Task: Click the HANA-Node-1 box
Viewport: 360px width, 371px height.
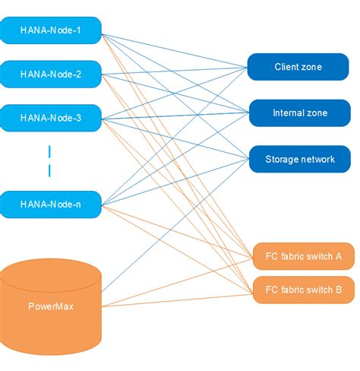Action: point(50,30)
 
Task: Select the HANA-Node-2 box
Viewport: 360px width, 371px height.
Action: point(50,74)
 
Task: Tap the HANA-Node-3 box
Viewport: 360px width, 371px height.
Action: point(50,117)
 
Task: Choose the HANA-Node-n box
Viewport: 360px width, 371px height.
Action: point(50,204)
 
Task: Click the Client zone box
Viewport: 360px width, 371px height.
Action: point(298,67)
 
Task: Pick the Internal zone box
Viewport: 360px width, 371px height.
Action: point(299,113)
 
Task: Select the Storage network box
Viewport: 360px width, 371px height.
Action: point(299,159)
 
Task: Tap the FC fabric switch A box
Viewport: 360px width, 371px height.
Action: point(302,257)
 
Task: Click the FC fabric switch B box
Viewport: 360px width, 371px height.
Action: point(302,289)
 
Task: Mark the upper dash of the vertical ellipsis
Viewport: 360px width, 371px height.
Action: point(50,151)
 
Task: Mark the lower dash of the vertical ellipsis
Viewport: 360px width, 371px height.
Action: point(50,170)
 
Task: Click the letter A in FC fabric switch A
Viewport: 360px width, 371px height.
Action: point(339,257)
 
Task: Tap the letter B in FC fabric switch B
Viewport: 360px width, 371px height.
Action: point(339,289)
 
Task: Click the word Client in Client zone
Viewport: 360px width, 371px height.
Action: point(287,67)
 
